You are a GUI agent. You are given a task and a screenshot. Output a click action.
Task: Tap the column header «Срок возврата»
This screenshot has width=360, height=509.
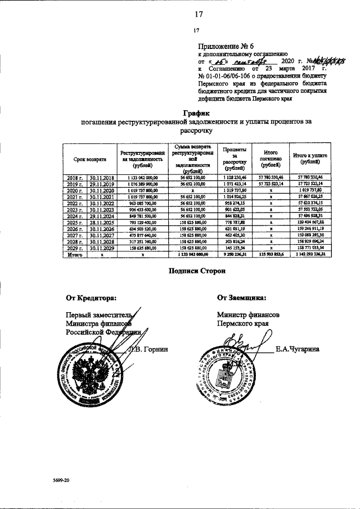[89, 160]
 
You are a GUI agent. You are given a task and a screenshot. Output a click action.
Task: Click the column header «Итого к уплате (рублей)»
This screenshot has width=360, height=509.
[307, 158]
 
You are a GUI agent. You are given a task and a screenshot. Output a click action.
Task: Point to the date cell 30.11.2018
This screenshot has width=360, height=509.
[102, 177]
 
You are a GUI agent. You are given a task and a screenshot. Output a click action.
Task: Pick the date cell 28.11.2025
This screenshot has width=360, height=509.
[102, 221]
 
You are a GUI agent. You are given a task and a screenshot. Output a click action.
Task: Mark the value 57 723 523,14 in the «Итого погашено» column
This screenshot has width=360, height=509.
[271, 183]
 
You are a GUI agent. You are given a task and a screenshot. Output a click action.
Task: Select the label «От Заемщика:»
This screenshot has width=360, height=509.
[241, 298]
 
